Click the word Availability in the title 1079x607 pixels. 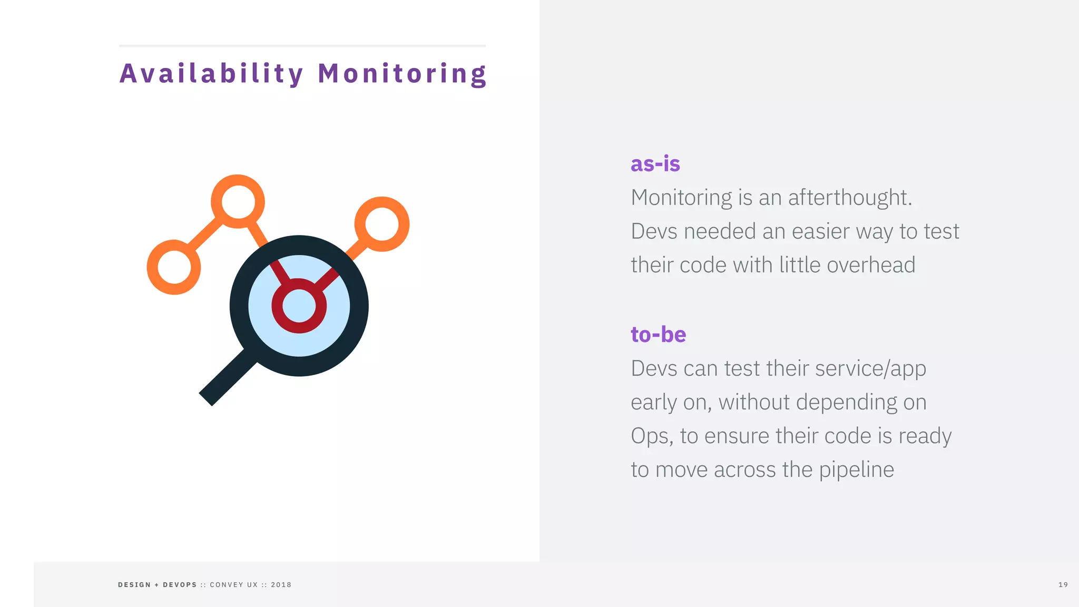coord(211,74)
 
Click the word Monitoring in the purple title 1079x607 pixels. coord(402,74)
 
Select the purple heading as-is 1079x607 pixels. coord(655,164)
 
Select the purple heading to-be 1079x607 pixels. coord(658,335)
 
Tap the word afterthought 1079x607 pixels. coord(849,198)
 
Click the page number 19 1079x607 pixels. coord(1063,585)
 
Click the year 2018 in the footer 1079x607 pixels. coord(281,585)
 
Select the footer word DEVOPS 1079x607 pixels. coord(180,585)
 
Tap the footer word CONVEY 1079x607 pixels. coord(227,585)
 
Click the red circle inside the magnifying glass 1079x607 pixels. coord(299,306)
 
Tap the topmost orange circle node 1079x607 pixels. coord(238,201)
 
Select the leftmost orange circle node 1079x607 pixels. coord(173,267)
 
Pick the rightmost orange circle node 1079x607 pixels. coord(382,224)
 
